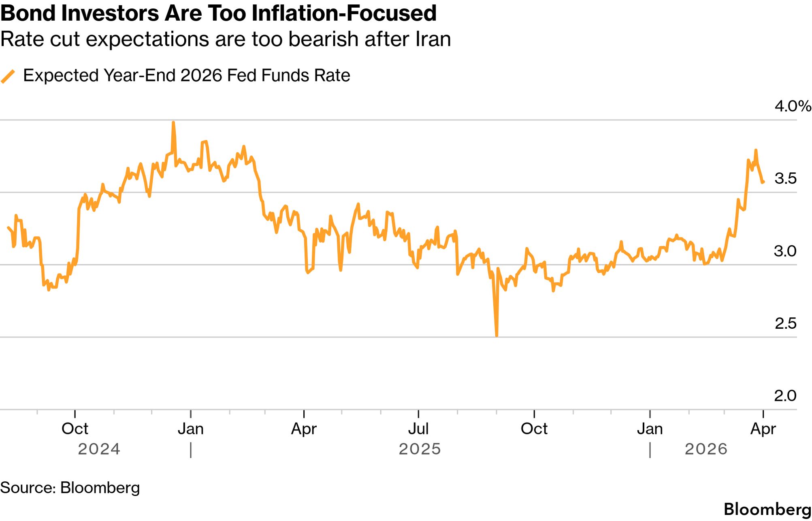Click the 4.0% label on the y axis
click(792, 106)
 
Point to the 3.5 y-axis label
click(785, 179)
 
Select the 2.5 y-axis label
click(785, 323)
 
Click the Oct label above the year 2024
click(75, 429)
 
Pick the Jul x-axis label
click(418, 429)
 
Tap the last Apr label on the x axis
click(763, 429)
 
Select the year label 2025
click(420, 449)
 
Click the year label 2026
click(706, 449)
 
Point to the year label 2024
click(99, 449)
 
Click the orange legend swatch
click(8, 76)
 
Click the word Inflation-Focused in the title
click(344, 13)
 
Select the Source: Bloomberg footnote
click(70, 488)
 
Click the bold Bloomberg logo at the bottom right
click(767, 509)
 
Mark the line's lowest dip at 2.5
click(497, 336)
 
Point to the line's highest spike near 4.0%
click(173, 122)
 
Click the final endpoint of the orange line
click(763, 182)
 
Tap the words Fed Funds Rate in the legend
click(288, 76)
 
